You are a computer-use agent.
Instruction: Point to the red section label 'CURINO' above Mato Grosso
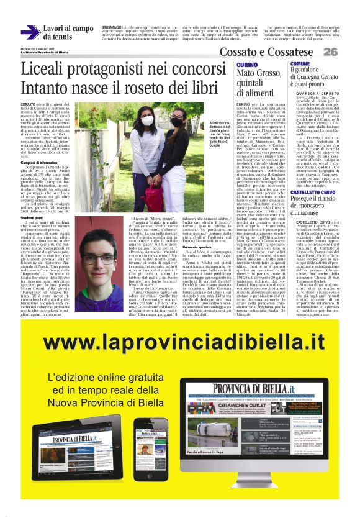point(247,65)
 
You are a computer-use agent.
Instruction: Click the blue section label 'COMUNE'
point(300,64)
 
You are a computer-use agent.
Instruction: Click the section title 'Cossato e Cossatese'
point(269,52)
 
